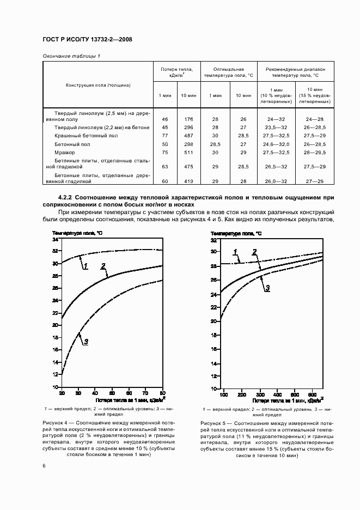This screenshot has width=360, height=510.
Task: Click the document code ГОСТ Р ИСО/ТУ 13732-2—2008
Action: (87, 40)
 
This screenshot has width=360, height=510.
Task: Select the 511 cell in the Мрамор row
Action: (188, 153)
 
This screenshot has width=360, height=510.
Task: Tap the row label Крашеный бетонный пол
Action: (86, 136)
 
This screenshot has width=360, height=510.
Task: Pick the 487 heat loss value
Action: (188, 136)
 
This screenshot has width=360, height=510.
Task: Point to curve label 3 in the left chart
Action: (86, 342)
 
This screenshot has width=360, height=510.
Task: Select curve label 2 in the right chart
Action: (254, 252)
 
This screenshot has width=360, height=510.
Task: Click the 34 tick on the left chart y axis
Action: (55, 240)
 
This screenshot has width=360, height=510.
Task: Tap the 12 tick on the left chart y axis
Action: (55, 374)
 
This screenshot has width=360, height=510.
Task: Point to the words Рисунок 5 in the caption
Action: (214, 423)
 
